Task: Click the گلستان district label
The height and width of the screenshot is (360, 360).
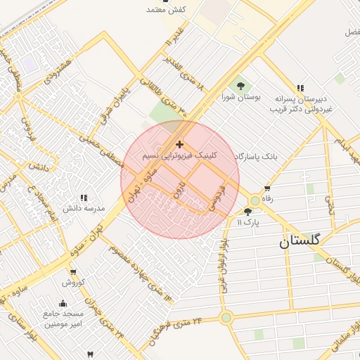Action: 300,240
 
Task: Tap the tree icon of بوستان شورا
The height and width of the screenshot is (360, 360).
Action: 241,86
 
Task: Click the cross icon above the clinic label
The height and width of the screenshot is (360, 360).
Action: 180,143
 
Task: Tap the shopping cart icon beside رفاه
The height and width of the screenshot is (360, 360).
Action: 267,188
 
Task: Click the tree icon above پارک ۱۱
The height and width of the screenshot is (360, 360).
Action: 247,211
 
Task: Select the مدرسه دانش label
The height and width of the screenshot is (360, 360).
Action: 84,209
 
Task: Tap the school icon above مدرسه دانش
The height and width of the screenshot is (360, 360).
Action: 84,198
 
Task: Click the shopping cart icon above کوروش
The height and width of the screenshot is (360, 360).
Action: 73,272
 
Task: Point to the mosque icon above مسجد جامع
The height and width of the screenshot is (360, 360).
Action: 63,303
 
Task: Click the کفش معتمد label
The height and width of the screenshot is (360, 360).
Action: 165,9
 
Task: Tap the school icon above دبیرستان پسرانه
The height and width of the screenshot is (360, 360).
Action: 300,88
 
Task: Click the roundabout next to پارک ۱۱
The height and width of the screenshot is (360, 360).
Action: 255,201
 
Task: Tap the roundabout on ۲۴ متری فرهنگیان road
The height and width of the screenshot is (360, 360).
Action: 226,318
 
